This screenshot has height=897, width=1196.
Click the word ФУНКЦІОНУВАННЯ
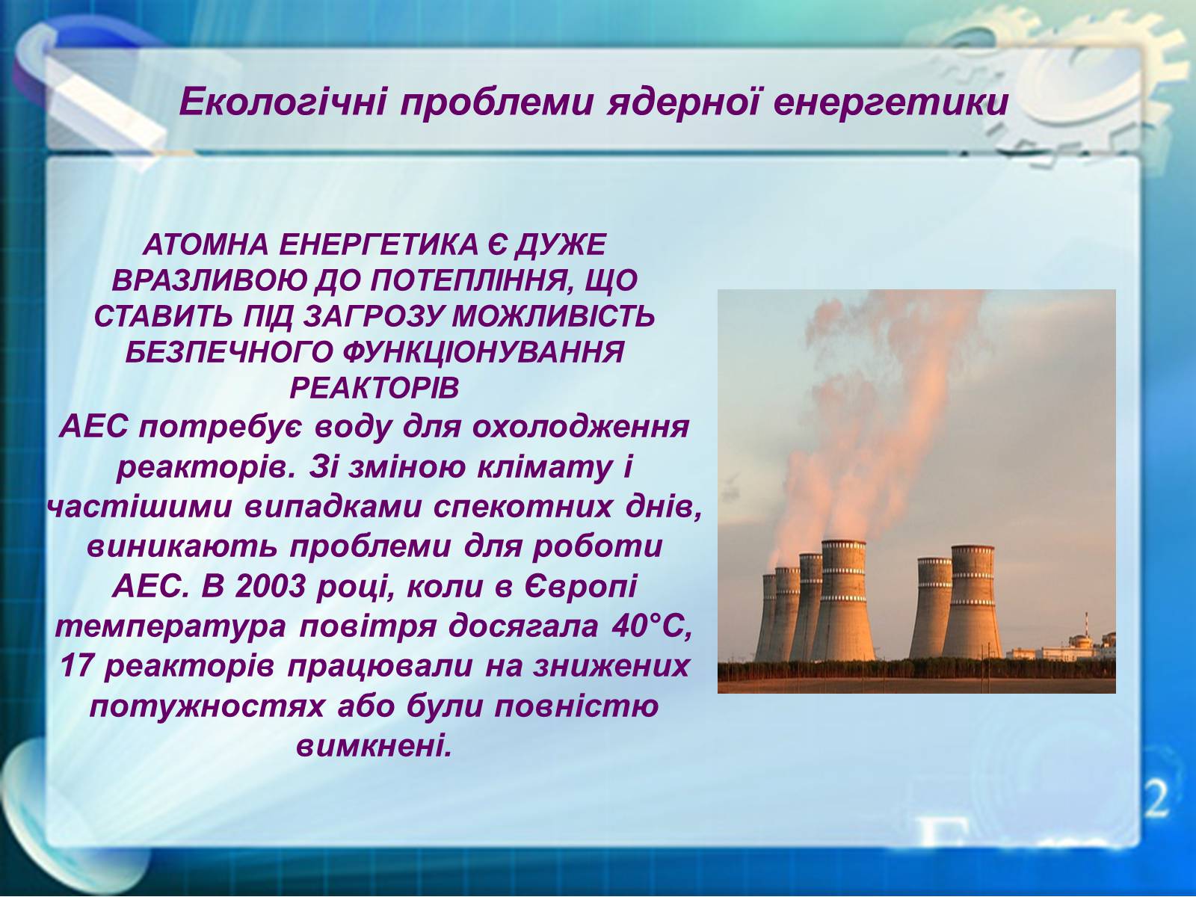click(484, 352)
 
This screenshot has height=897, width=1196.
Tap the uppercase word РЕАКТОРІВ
click(374, 388)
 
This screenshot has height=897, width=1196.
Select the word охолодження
click(581, 428)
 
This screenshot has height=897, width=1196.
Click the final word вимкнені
click(374, 745)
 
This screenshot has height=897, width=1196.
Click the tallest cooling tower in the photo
click(843, 600)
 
